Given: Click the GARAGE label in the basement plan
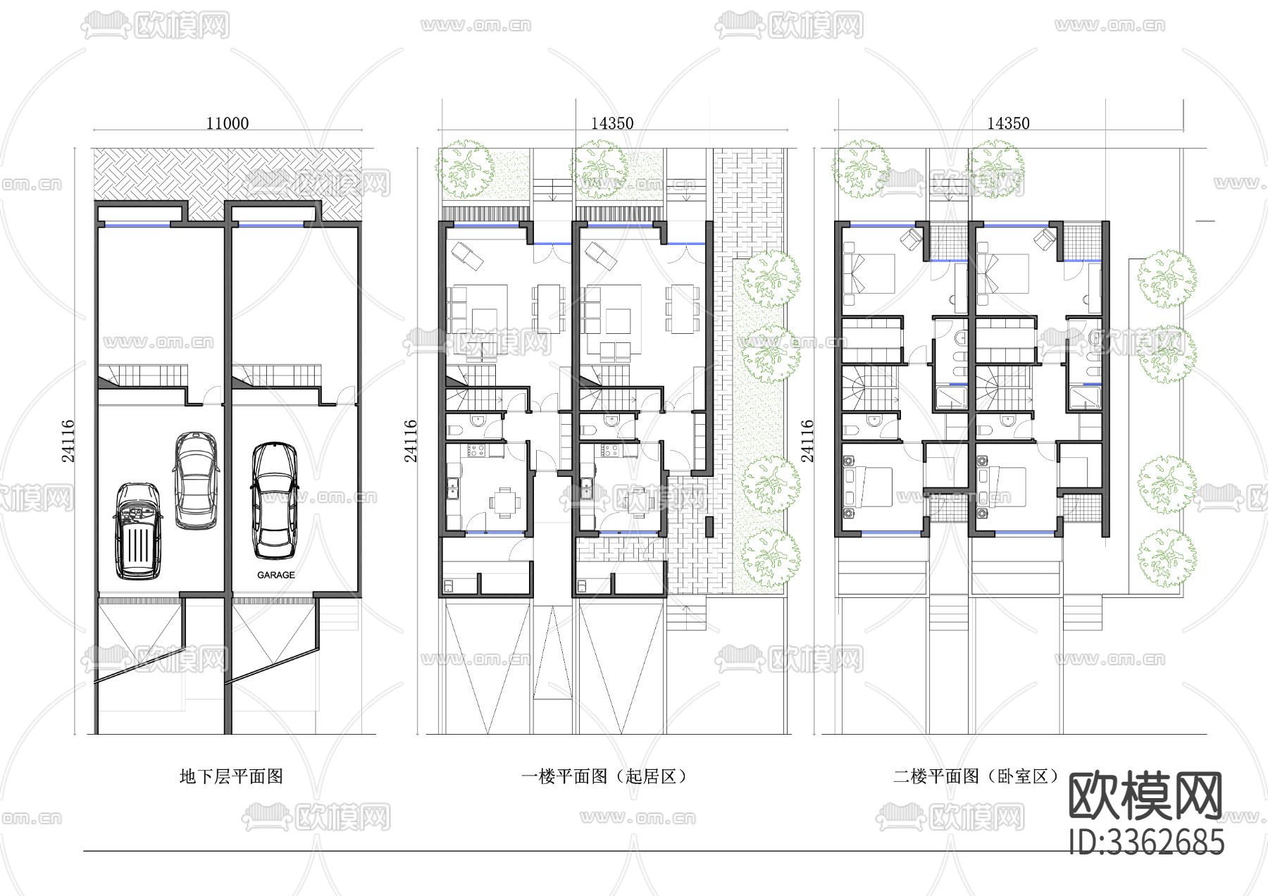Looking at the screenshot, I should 275,575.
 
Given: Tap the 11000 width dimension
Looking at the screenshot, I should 227,123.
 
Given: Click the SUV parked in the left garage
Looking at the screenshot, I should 139,531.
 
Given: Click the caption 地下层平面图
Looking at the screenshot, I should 231,776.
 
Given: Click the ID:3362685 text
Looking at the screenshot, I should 1146,842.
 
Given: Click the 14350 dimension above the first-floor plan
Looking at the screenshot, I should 611,123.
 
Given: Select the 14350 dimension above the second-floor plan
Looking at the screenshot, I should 1007,123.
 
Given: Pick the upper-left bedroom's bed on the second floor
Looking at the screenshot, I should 868,274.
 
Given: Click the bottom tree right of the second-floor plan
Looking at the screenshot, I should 1167,557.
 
